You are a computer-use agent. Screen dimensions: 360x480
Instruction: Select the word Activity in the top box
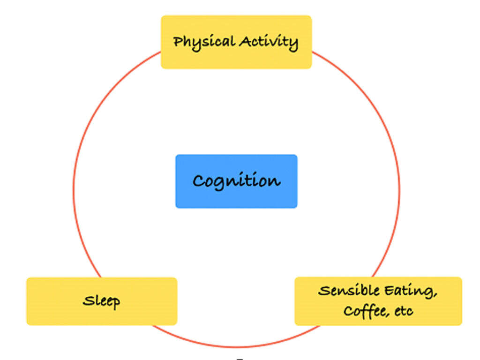[268, 42]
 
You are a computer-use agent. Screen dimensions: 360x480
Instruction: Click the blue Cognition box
[236, 181]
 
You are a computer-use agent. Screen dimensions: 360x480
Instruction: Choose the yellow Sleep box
[102, 301]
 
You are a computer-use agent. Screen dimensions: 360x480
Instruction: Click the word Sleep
[101, 301]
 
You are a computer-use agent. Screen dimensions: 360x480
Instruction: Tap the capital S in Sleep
[87, 300]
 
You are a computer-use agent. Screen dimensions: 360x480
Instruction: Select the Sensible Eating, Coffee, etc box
[378, 301]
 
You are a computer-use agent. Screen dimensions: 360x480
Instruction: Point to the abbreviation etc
[404, 311]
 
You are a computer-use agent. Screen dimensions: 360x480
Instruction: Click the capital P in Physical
[178, 42]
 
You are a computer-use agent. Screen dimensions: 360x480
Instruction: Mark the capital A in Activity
[245, 41]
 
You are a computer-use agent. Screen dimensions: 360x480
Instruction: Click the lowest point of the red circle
[237, 347]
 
